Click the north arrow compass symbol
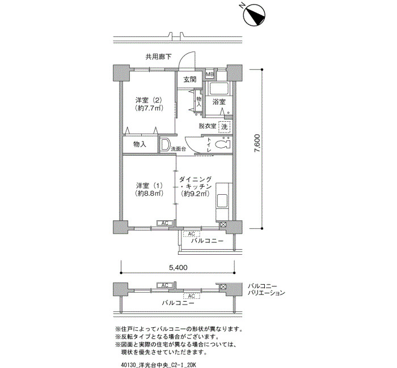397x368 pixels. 254,14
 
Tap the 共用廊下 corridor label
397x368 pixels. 158,57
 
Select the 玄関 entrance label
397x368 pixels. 189,80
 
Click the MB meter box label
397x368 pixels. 210,74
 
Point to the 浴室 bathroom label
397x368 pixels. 219,102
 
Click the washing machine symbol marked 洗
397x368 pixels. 225,127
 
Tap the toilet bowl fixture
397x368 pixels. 223,144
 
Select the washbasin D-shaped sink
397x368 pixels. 165,145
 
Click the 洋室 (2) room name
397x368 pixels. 149,100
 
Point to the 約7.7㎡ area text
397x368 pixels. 149,108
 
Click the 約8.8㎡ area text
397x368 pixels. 149,194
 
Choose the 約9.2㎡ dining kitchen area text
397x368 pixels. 195,194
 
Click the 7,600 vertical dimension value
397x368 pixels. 257,143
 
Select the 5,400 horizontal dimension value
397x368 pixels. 178,267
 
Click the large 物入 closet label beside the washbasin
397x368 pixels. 140,144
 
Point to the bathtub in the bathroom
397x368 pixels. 218,89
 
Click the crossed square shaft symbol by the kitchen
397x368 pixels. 223,225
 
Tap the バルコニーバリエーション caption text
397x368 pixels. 266,290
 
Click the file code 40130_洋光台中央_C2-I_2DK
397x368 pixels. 159,365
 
